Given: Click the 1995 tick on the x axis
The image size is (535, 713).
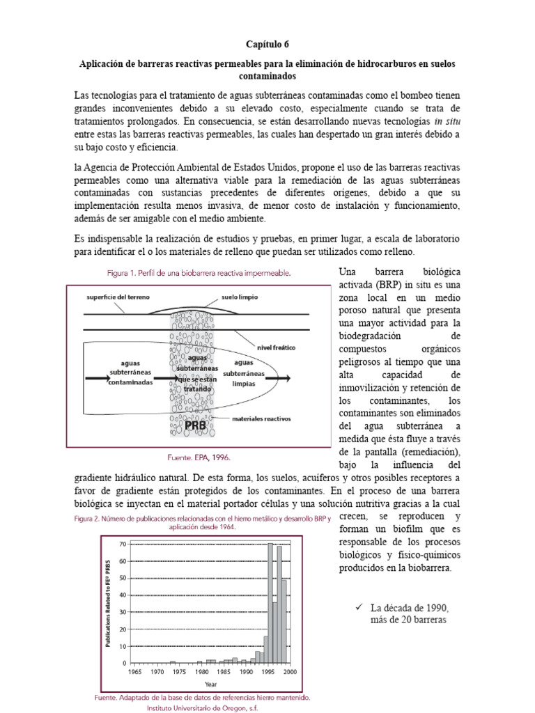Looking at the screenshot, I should tap(267, 672).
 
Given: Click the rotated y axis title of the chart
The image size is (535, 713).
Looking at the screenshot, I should tap(109, 602).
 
